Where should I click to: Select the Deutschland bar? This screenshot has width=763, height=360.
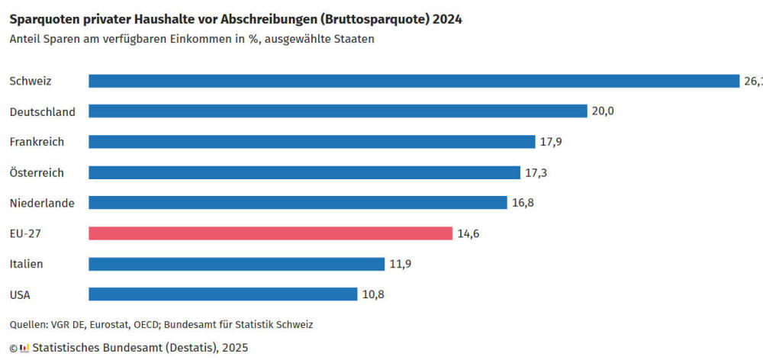(x=337, y=111)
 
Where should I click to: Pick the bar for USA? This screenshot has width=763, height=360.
(x=223, y=294)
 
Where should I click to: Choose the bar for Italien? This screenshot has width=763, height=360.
(x=237, y=264)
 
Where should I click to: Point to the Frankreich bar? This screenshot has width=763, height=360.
(x=311, y=142)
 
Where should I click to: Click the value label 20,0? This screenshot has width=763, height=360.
(x=602, y=111)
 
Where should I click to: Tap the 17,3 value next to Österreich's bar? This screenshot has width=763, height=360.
(x=536, y=172)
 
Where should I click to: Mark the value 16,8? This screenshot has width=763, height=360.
(x=523, y=203)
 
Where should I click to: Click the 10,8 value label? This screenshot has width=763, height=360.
(x=372, y=294)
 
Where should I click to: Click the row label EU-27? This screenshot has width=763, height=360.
(x=24, y=233)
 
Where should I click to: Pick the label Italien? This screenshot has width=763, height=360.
(x=26, y=264)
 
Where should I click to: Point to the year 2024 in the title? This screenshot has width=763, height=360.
(x=448, y=19)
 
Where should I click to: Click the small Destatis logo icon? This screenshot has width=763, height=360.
(x=24, y=348)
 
